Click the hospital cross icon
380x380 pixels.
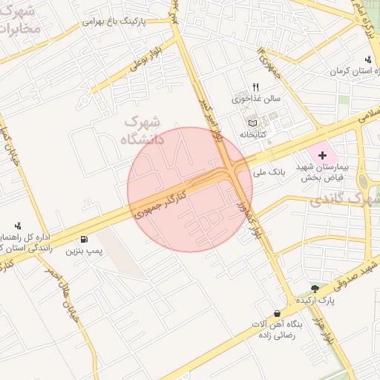point(322,155)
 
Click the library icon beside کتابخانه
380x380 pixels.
point(252,122)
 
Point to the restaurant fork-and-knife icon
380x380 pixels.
point(256,87)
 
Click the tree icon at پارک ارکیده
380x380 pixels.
point(317,288)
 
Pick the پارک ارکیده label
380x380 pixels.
point(317,301)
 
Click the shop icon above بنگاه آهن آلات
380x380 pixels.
point(277,313)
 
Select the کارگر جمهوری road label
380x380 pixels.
point(160,200)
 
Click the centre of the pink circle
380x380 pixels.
point(190,189)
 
